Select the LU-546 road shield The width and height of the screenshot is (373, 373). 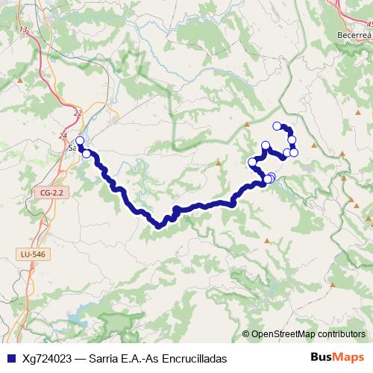point(29,254)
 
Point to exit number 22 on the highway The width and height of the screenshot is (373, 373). point(78,112)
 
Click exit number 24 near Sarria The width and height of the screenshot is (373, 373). point(62,135)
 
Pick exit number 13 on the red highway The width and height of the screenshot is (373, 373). point(25,30)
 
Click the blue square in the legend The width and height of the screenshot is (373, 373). point(10,358)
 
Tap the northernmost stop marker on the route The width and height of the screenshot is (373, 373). point(277,126)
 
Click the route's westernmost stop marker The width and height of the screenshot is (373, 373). point(80,140)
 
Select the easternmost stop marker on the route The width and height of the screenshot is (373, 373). point(294,152)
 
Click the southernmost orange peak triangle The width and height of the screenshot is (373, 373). point(268,240)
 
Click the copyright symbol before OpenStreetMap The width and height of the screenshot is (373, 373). point(246,334)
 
